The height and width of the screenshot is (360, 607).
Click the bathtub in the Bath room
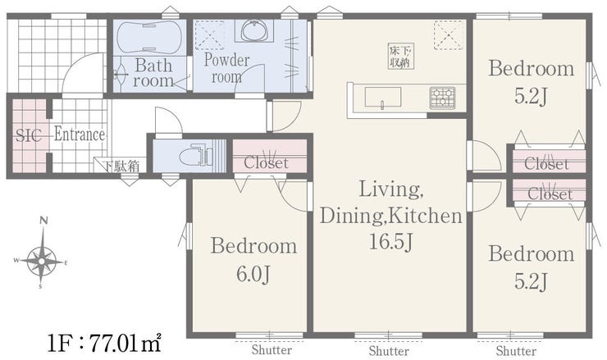pos(149,37)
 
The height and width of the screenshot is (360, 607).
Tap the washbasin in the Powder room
pos(254,30)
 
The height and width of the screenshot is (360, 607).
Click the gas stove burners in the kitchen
pos(442,98)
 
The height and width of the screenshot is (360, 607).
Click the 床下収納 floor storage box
pos(401,56)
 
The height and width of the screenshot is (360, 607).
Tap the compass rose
pos(42,262)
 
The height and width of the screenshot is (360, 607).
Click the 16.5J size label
pos(391,242)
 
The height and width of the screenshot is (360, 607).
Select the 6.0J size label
pos(253,274)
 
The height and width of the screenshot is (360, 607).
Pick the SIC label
pos(29,135)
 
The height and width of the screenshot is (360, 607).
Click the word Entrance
pos(80,134)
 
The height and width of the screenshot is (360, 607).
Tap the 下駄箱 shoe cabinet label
pos(121,166)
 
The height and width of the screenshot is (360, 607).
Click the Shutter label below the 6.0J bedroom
pos(272,350)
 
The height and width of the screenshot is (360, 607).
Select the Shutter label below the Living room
pos(389,351)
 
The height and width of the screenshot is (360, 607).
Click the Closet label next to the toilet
pos(266,163)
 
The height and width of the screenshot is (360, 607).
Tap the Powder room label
pos(226,69)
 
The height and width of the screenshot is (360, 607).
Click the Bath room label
pos(153,73)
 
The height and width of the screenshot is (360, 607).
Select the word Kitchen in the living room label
pos(426,216)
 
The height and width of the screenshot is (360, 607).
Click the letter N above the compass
pos(43,221)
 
